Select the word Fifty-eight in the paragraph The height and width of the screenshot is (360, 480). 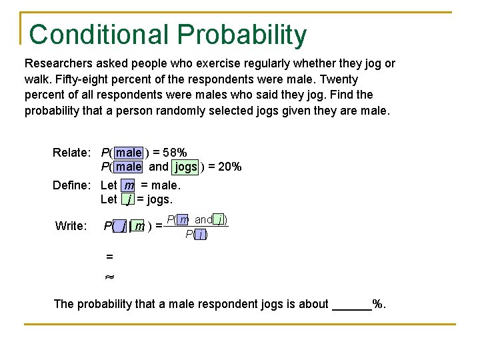tap(79, 79)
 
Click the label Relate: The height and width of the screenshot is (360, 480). tap(71, 153)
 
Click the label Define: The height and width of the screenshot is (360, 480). tap(71, 185)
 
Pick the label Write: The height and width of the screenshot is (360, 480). tap(70, 227)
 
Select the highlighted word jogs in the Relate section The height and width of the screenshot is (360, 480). tap(185, 167)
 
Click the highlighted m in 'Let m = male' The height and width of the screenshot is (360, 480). tap(129, 185)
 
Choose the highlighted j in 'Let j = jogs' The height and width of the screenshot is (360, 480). tap(127, 199)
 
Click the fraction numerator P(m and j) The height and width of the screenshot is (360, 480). tap(197, 219)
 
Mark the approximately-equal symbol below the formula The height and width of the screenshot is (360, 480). tap(110, 275)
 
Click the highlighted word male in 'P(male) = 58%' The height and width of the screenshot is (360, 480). tap(129, 153)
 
